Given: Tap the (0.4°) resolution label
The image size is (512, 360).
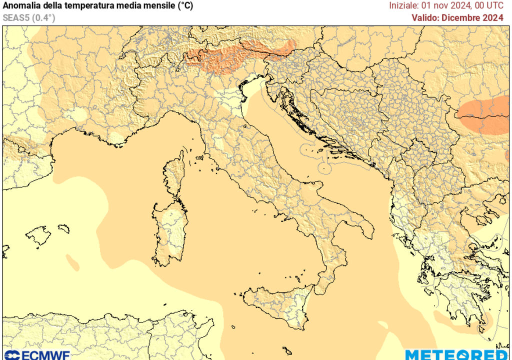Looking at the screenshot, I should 43,17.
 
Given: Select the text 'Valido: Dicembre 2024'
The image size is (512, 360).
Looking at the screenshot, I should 457,18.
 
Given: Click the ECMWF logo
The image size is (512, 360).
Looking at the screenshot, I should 36,354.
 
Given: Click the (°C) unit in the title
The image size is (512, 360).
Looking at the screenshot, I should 183,6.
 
